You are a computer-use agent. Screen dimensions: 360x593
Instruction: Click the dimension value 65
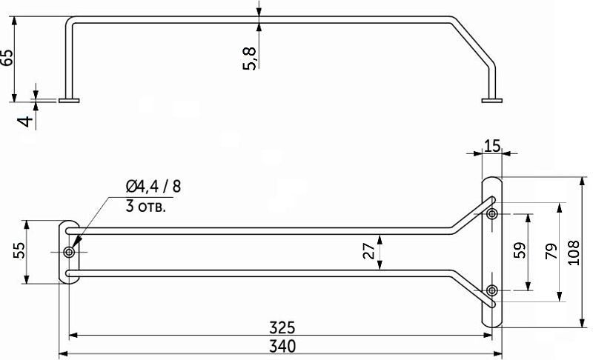point(7,58)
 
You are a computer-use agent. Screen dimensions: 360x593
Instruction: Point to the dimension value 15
point(491,146)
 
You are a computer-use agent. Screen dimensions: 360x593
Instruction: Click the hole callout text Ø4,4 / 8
point(153,186)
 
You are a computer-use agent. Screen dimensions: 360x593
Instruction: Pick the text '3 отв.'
point(146,206)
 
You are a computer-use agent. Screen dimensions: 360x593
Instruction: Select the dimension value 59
point(519,252)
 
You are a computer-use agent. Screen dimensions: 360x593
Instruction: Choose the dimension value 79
point(550,252)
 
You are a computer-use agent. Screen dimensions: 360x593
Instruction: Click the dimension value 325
point(282,327)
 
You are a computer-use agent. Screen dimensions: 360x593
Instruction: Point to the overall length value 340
point(282,346)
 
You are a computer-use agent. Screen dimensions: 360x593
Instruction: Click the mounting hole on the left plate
point(69,253)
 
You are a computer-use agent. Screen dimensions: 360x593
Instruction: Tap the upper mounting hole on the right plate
point(491,214)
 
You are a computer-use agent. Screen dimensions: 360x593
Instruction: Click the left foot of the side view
point(69,99)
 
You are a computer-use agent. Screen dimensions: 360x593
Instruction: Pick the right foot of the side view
point(491,99)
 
